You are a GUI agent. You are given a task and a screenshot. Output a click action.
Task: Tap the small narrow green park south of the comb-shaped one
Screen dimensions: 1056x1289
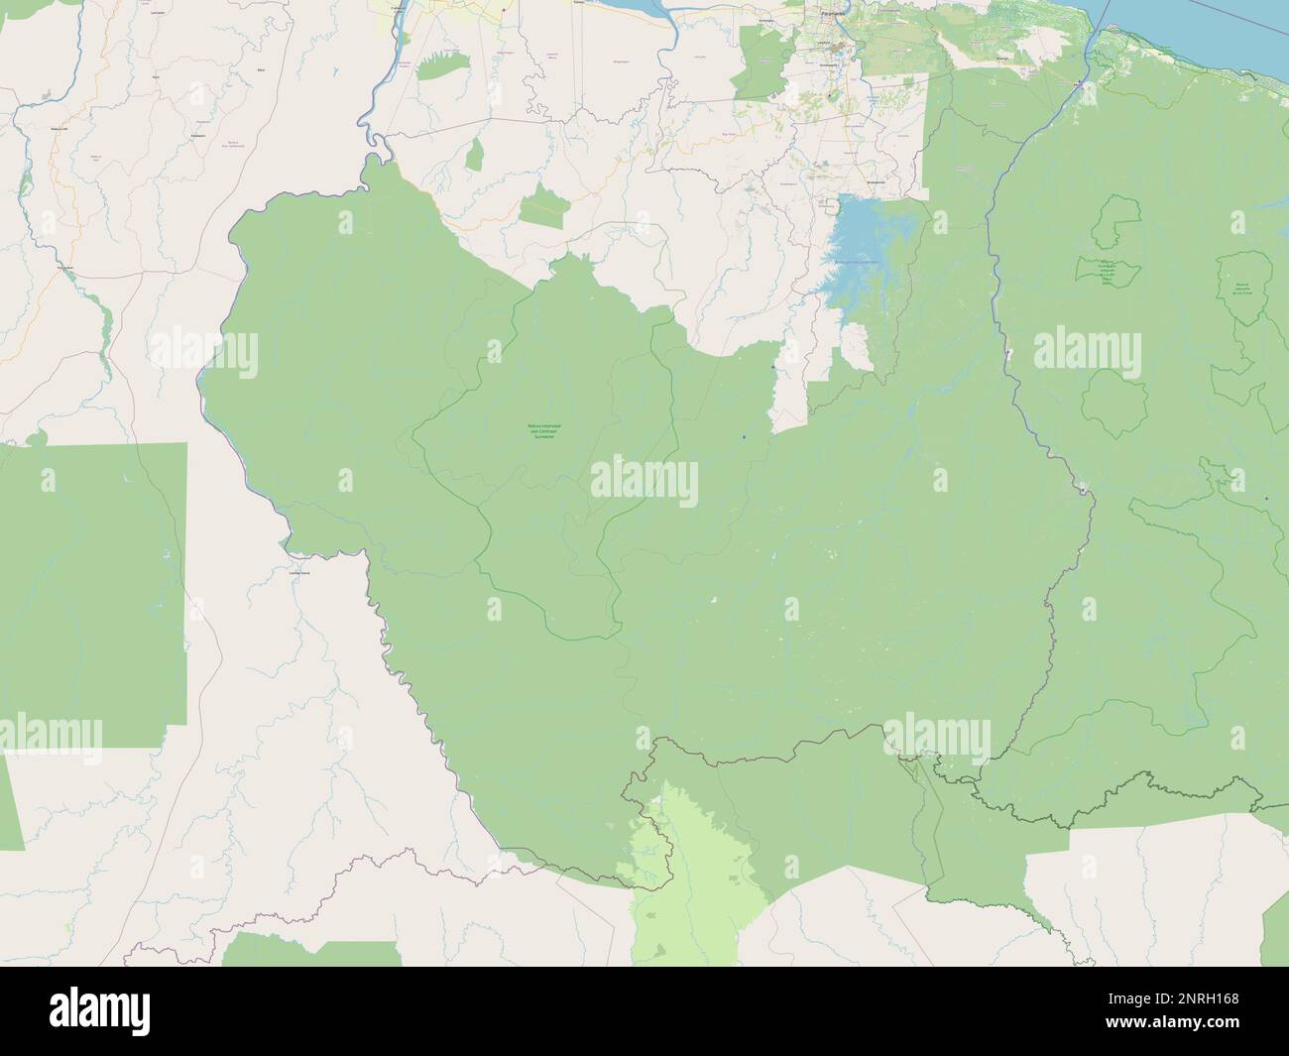pos(476,154)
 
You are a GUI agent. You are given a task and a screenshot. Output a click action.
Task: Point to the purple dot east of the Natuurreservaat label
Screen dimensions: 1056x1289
pos(744,435)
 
